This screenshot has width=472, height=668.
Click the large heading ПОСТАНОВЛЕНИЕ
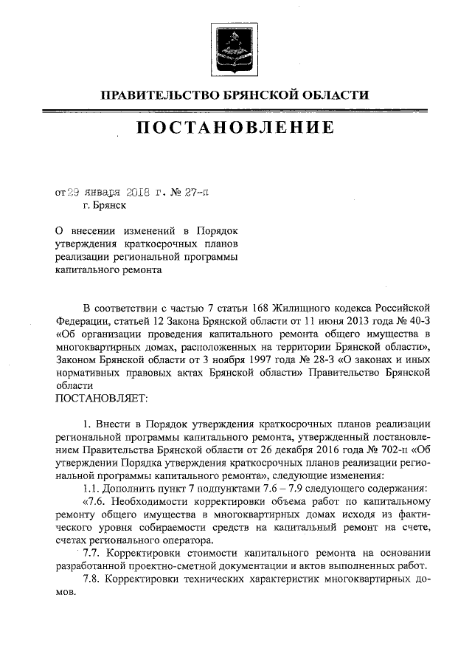point(235,128)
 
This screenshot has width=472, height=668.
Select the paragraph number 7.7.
point(91,554)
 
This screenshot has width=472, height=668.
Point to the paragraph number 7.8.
point(91,580)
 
